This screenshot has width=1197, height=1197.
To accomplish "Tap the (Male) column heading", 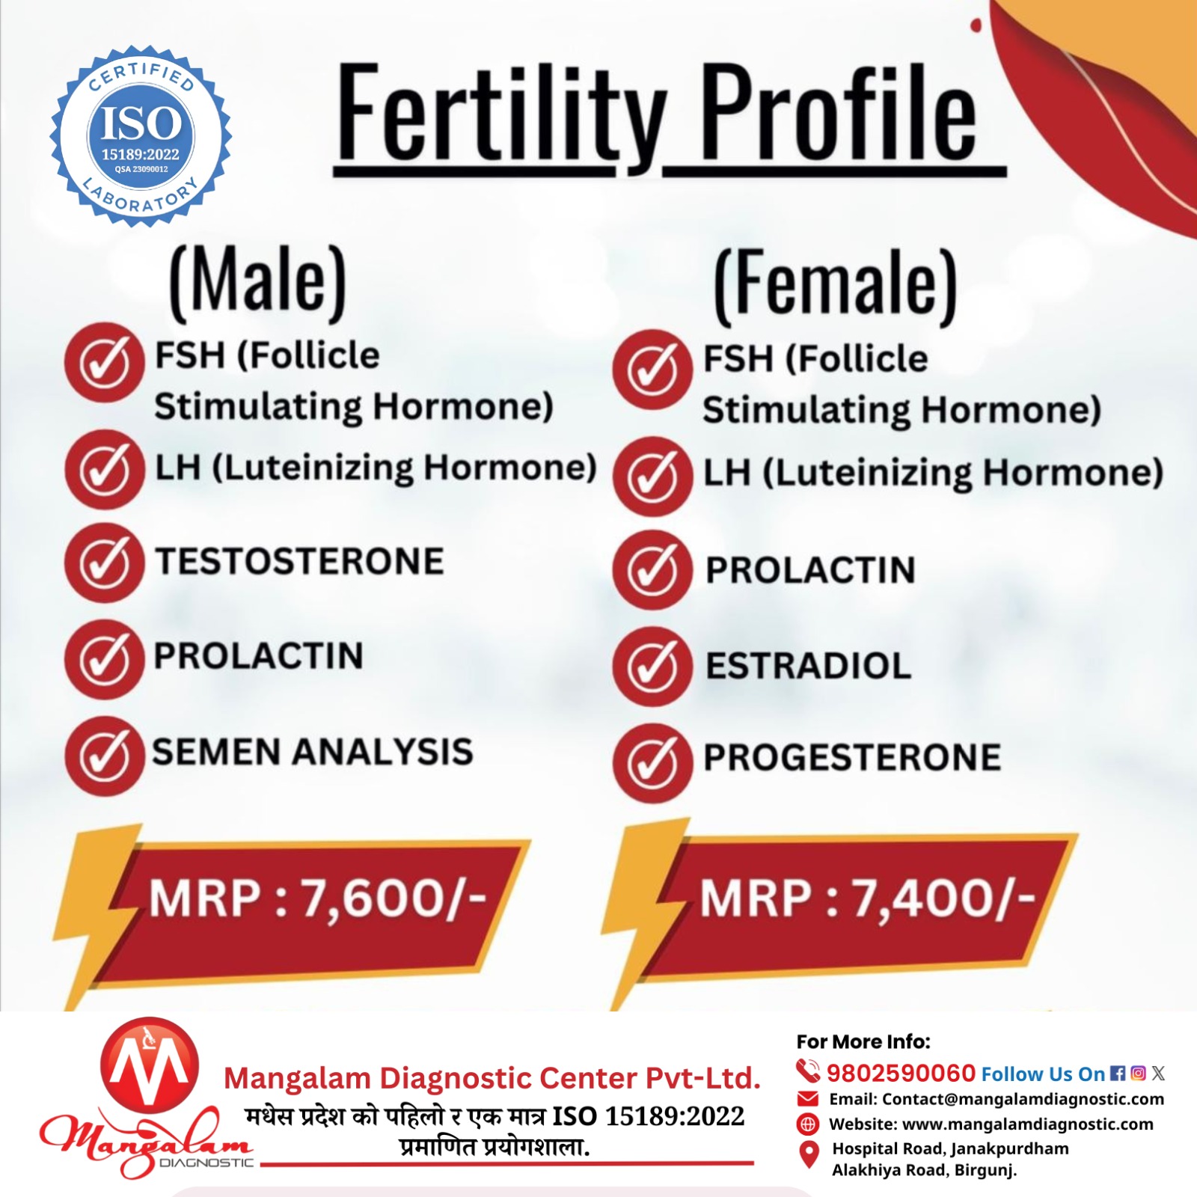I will pyautogui.click(x=258, y=280).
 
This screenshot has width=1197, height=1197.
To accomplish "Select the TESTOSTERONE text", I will pyautogui.click(x=299, y=562).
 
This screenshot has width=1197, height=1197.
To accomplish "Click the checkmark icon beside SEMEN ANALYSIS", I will pyautogui.click(x=104, y=755).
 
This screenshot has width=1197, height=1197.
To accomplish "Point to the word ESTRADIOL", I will pyautogui.click(x=808, y=666).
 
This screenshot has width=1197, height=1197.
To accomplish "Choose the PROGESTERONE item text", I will pyautogui.click(x=851, y=757).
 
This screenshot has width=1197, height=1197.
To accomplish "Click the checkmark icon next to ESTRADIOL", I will pyautogui.click(x=652, y=667).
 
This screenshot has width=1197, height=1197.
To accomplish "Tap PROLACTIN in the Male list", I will pyautogui.click(x=258, y=656).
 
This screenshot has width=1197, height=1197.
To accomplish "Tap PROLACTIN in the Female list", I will pyautogui.click(x=810, y=570).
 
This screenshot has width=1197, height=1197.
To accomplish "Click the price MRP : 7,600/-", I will pyautogui.click(x=317, y=898).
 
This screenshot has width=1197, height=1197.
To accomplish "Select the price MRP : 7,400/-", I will pyautogui.click(x=867, y=898).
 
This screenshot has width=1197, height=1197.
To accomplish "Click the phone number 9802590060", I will pyautogui.click(x=901, y=1073).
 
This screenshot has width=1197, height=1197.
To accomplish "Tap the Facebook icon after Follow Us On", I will pyautogui.click(x=1118, y=1074).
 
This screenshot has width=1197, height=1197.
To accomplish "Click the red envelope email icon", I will pyautogui.click(x=808, y=1098).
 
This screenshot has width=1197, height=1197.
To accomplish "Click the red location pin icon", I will pyautogui.click(x=808, y=1154).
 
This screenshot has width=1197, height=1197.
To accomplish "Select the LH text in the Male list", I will pyautogui.click(x=178, y=468).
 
